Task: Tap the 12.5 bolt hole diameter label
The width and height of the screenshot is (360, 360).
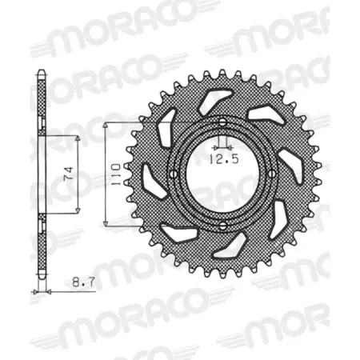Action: (x=222, y=158)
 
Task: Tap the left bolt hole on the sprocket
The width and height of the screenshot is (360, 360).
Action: (x=171, y=174)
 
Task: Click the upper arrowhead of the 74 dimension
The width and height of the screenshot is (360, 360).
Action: (x=78, y=138)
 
